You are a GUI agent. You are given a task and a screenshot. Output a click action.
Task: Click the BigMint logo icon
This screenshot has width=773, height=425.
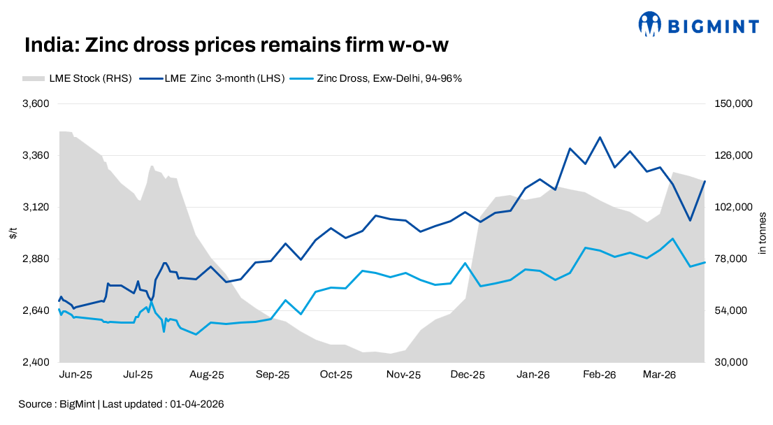point(649,24)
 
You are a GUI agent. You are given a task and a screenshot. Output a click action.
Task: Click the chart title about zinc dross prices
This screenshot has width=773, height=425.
point(236,45)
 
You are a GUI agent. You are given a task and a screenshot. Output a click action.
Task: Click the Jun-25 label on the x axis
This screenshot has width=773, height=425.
point(75,375)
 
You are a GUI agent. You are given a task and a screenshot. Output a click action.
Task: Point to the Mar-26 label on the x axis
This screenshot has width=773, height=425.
point(659,375)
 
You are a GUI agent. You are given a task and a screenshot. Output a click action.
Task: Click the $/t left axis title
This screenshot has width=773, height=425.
point(13,233)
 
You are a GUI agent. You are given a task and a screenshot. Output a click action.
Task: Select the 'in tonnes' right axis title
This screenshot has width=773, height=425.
point(762,233)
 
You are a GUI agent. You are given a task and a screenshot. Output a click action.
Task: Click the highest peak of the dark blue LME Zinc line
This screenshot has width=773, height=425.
point(600,137)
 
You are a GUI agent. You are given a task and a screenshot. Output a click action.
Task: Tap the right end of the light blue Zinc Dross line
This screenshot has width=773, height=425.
point(705,262)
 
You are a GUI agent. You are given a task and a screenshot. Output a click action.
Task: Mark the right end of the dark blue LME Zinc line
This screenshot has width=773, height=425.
point(705,181)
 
